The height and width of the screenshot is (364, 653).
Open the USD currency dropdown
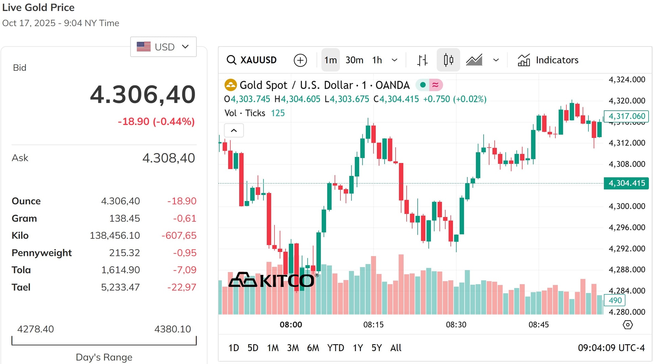(x=163, y=47)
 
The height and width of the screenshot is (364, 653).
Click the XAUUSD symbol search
(x=252, y=60)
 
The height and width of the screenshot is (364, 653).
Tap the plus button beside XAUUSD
(x=300, y=60)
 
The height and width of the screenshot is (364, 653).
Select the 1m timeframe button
(x=330, y=60)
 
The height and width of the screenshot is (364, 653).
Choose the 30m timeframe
(x=354, y=60)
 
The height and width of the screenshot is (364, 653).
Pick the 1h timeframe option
(x=377, y=60)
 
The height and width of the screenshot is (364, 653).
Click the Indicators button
(x=548, y=60)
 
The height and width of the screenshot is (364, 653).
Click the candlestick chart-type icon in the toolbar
(x=448, y=60)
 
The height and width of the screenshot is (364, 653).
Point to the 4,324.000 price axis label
(x=627, y=79)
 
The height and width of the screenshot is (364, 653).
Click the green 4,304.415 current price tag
(x=626, y=183)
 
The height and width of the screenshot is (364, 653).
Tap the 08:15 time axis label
(x=373, y=325)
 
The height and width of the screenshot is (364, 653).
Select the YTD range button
(x=336, y=348)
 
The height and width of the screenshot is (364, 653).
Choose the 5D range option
(x=253, y=348)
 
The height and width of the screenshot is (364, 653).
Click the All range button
(x=396, y=348)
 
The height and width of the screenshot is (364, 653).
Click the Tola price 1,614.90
(x=120, y=270)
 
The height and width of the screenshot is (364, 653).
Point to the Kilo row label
(x=20, y=235)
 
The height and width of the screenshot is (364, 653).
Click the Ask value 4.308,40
(x=169, y=158)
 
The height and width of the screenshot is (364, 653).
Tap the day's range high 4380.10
(x=173, y=329)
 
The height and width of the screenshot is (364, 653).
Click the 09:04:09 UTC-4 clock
(x=611, y=348)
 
